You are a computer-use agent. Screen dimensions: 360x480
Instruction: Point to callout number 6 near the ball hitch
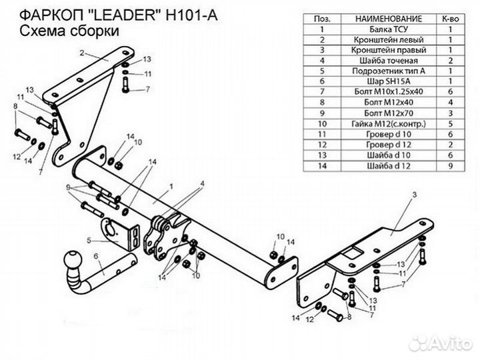[x=96, y=253]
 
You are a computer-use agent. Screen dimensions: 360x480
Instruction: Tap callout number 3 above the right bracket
[x=413, y=193]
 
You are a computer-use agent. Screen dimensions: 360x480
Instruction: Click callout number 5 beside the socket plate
[x=88, y=239]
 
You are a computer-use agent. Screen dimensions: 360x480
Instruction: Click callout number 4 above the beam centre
[x=202, y=182]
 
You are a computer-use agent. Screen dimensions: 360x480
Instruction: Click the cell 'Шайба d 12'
[x=377, y=162]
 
